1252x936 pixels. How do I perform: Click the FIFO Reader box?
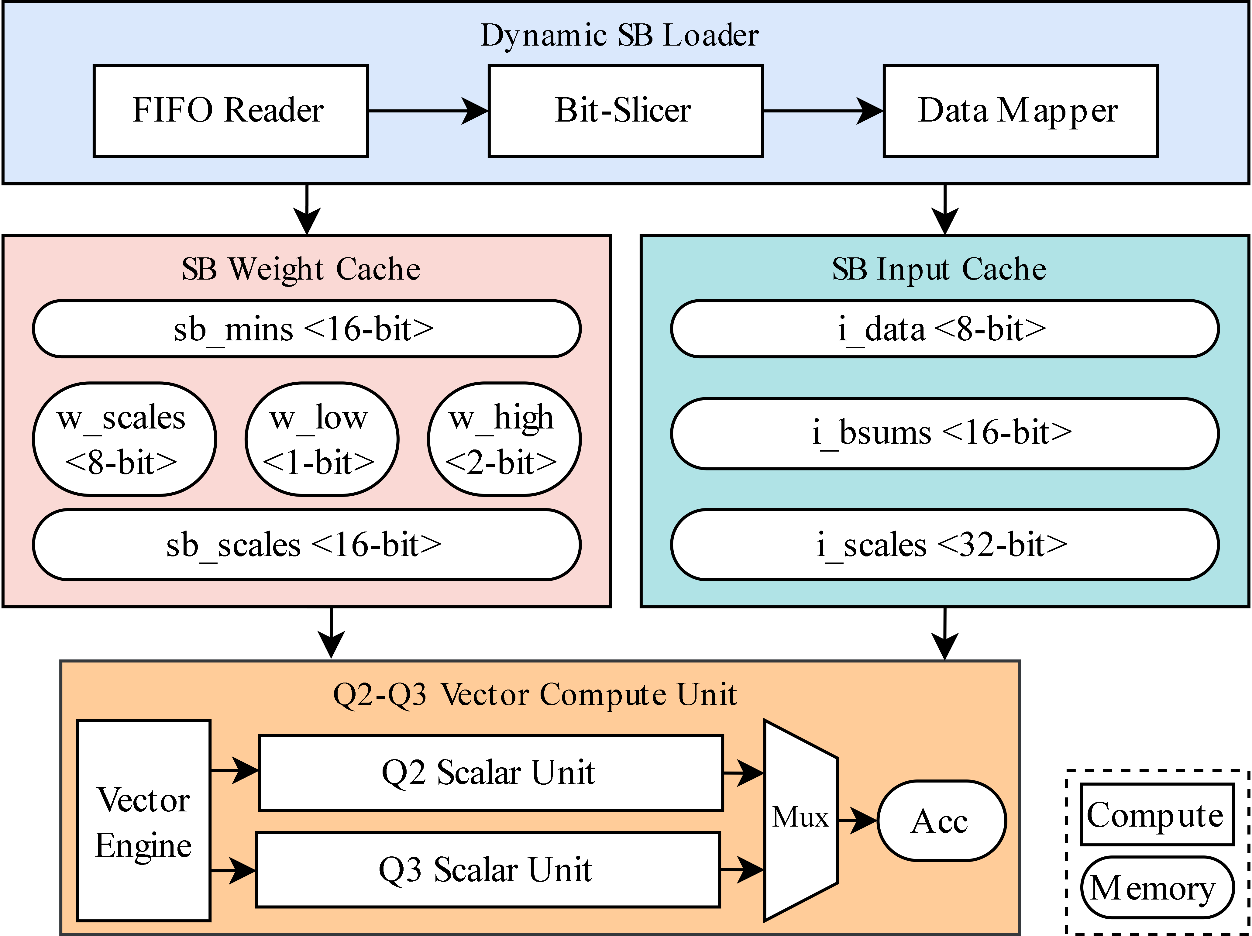230,111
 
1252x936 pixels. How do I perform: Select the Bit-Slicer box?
625,111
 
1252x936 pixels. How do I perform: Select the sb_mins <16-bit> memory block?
306,329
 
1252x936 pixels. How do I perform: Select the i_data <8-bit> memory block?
944,329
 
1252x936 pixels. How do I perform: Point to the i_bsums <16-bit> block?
944,433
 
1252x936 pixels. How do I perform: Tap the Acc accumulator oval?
941,821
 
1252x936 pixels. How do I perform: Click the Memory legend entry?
1157,887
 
